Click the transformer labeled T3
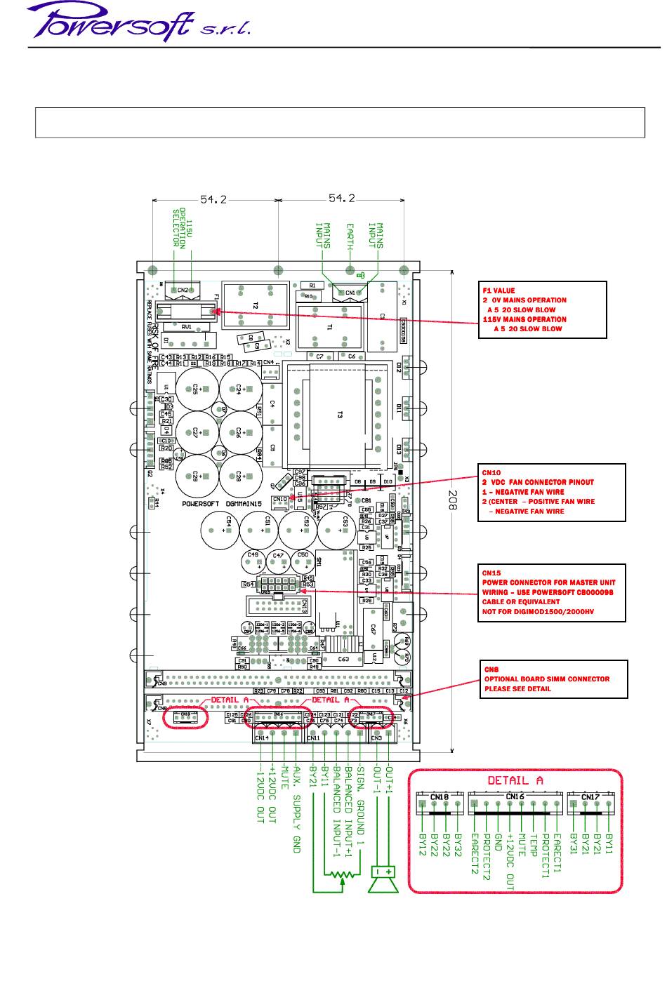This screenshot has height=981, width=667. [x=338, y=415]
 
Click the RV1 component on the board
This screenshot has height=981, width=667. [x=187, y=326]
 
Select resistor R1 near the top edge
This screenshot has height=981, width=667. [x=312, y=286]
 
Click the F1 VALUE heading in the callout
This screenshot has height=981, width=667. [x=498, y=291]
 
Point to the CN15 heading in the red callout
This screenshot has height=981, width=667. [x=491, y=573]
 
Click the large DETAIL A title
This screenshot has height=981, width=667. [x=515, y=780]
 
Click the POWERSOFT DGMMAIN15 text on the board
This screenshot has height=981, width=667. [x=222, y=504]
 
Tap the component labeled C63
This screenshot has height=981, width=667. [x=343, y=659]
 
